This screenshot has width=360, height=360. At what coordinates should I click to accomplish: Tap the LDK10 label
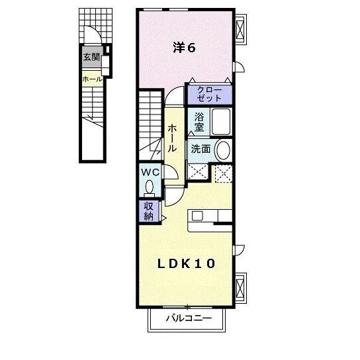pyautogui.click(x=186, y=263)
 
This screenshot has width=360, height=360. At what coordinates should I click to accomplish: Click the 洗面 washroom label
pyautogui.click(x=201, y=149)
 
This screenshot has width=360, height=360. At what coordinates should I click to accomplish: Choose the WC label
pyautogui.click(x=150, y=172)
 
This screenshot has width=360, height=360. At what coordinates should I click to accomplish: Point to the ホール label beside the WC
pyautogui.click(x=172, y=138)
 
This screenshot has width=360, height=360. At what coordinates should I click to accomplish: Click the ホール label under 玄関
pyautogui.click(x=92, y=79)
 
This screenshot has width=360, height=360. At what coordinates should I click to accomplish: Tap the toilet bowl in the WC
pyautogui.click(x=149, y=187)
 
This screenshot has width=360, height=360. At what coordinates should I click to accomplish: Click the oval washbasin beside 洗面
pyautogui.click(x=223, y=150)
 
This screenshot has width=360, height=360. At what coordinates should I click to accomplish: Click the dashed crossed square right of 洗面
pyautogui.click(x=223, y=173)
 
